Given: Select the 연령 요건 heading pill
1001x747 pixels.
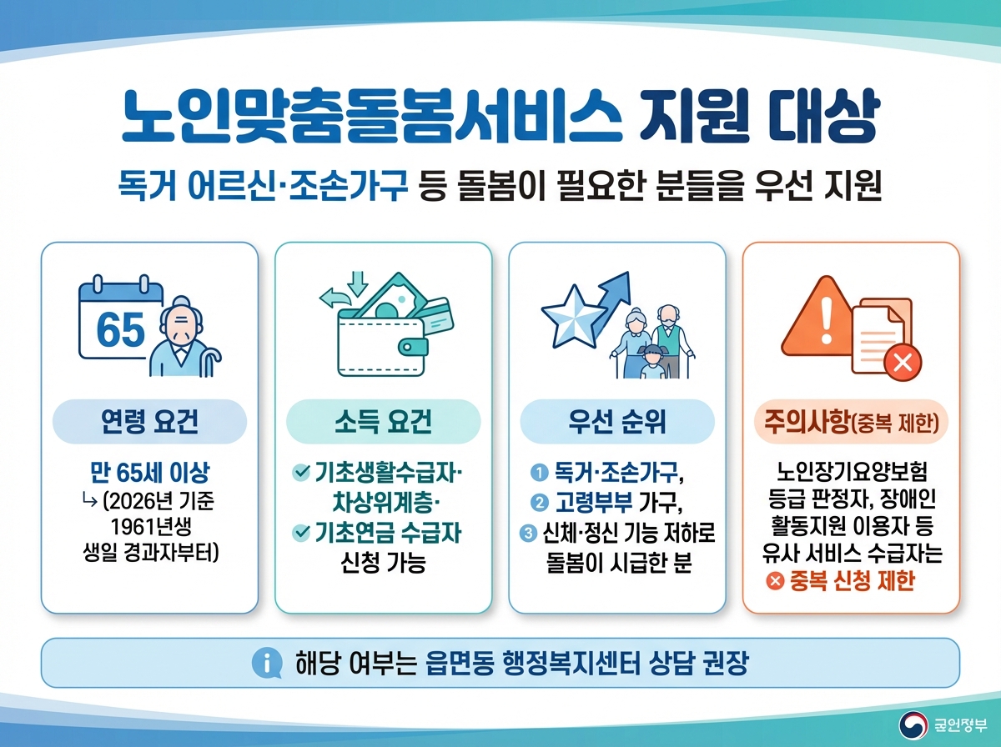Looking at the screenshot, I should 149,423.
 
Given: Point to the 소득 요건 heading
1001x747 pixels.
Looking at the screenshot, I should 383,423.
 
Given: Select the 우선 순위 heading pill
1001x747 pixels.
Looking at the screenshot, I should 616,423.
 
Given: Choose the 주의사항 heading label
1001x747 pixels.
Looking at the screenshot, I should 850,423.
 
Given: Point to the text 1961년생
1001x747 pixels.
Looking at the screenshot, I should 150,526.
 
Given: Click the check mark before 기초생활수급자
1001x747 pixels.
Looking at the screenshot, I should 301,474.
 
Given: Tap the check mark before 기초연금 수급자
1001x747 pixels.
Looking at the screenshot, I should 301,531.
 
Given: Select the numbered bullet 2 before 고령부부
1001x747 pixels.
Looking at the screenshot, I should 539,502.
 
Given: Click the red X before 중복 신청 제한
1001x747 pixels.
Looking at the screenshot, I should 773,581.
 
